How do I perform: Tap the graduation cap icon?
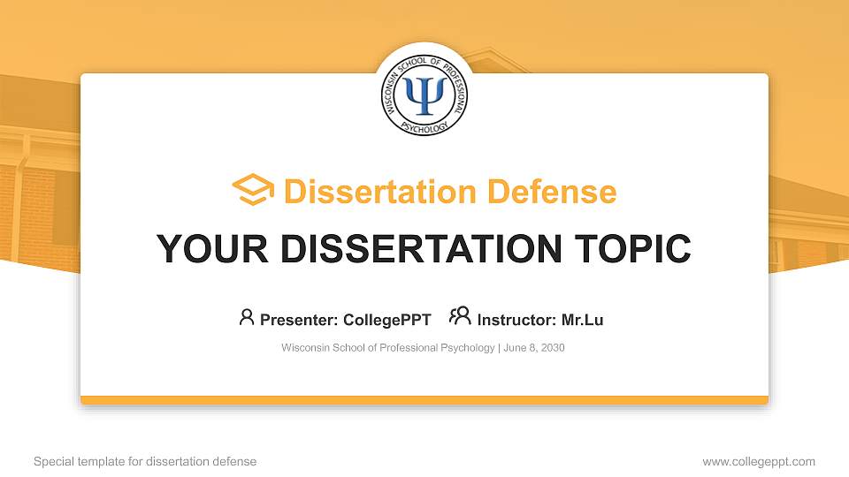pyautogui.click(x=253, y=191)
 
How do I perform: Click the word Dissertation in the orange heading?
pyautogui.click(x=369, y=192)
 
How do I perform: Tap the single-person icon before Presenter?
pyautogui.click(x=247, y=317)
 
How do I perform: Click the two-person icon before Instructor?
pyautogui.click(x=460, y=317)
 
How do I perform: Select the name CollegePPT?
pyautogui.click(x=388, y=320)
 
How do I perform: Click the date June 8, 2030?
pyautogui.click(x=535, y=348)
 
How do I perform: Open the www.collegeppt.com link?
pyautogui.click(x=759, y=461)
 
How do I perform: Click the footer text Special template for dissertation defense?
pyautogui.click(x=145, y=461)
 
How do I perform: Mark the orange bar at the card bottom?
pyautogui.click(x=424, y=400)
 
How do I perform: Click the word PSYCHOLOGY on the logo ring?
pyautogui.click(x=425, y=126)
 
